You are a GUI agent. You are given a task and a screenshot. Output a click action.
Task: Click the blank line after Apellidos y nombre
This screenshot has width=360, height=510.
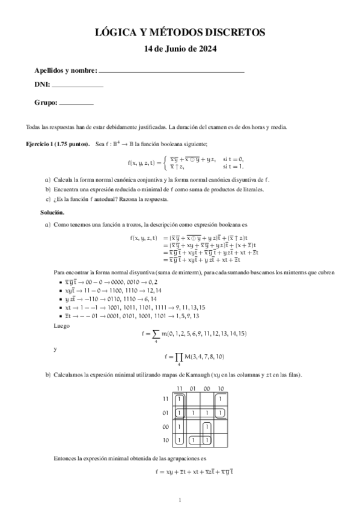pos(171,71)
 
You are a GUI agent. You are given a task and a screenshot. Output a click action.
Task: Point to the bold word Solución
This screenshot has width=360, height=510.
pos(53,213)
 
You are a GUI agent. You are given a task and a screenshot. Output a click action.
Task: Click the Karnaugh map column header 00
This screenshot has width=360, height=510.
pos(207,389)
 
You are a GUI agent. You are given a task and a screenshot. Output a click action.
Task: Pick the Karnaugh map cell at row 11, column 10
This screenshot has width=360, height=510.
pos(221,399)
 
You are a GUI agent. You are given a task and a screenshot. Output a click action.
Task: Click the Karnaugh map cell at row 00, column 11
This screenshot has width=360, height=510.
pos(180,426)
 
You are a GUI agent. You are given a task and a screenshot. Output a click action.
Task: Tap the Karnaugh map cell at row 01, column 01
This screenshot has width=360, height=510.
pos(193,413)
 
